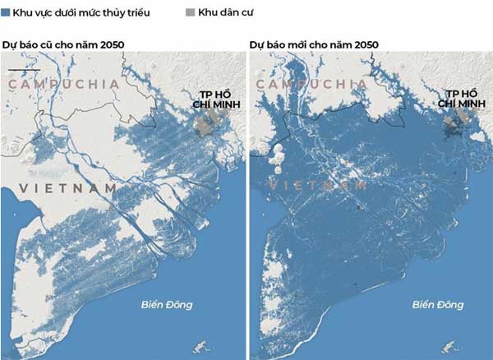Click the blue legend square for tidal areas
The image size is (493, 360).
7,14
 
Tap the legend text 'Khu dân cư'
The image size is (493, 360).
224,14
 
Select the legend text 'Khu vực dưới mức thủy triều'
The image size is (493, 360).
81,14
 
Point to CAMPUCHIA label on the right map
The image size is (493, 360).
310,85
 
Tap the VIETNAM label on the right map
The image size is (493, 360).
317,187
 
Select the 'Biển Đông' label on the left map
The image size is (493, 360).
165,305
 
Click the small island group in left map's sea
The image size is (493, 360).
197,346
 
